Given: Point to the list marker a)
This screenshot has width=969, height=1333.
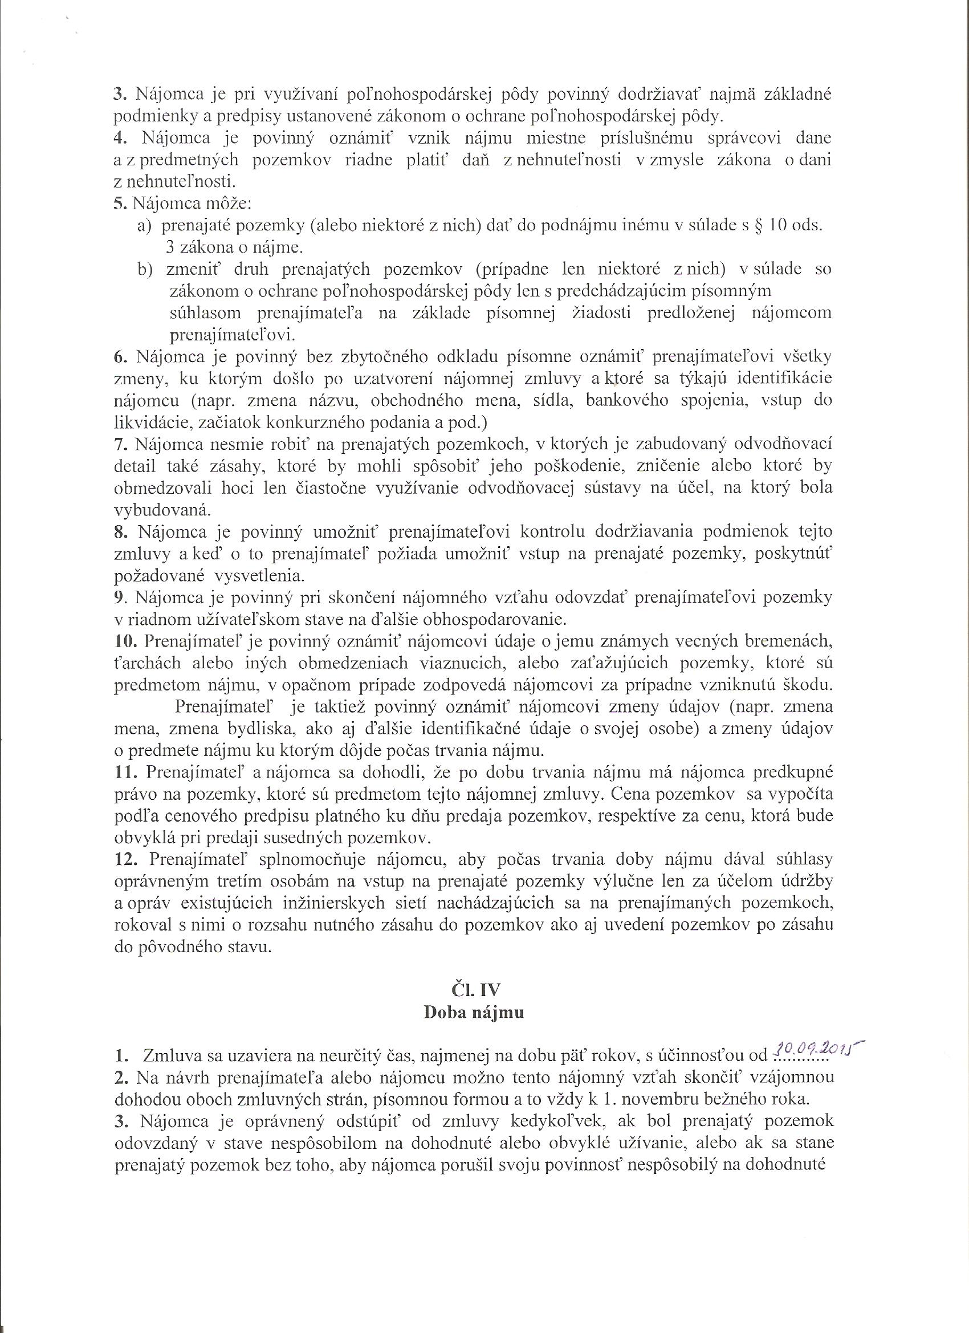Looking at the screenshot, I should click(145, 226).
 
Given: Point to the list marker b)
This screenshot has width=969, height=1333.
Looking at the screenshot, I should click(145, 270).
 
